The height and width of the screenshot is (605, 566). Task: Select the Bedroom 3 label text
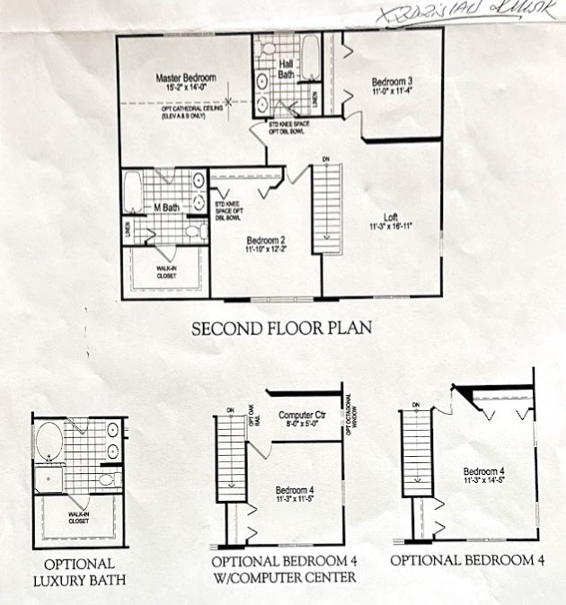click(x=392, y=83)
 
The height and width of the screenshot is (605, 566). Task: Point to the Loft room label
click(x=390, y=216)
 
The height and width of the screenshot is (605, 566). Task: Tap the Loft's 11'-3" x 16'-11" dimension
click(x=390, y=226)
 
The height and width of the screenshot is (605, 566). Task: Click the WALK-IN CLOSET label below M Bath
click(x=164, y=272)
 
